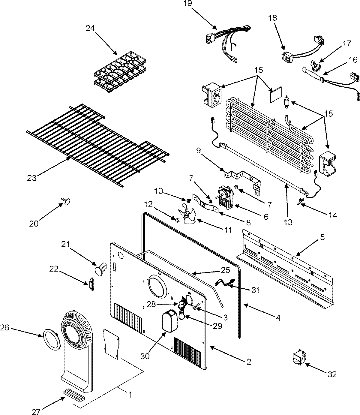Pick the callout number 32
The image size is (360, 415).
pos(332,374)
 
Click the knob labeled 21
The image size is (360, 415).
pos(101,268)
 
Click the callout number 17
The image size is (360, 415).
pos(346,44)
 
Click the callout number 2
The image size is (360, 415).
pos(248,362)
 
